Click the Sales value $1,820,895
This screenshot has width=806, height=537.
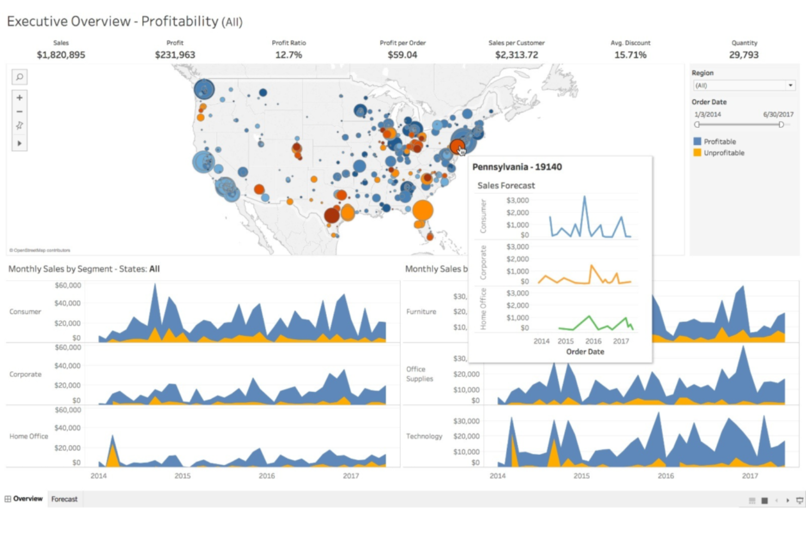coord(61,55)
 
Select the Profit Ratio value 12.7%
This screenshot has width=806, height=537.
coord(289,55)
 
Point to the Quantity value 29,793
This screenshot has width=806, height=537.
coord(744,55)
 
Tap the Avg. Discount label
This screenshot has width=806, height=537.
coord(630,43)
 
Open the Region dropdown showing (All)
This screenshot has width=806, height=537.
coord(744,85)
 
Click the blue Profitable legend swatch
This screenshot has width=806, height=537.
coord(697,141)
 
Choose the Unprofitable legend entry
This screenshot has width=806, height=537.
coord(724,153)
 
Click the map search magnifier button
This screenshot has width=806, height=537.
coord(20,77)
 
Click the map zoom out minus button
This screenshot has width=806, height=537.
coord(20,112)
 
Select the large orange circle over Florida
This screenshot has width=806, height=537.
coord(423,210)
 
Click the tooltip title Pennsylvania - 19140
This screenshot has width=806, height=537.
coord(517,167)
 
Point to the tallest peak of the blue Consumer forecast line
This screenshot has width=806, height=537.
coord(584,197)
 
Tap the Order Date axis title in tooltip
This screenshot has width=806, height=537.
coord(585,352)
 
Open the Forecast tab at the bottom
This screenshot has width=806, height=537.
coord(64,499)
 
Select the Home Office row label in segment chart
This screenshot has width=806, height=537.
coord(29,436)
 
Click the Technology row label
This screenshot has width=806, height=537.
coord(424,436)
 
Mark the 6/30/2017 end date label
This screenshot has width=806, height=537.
coord(778,115)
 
